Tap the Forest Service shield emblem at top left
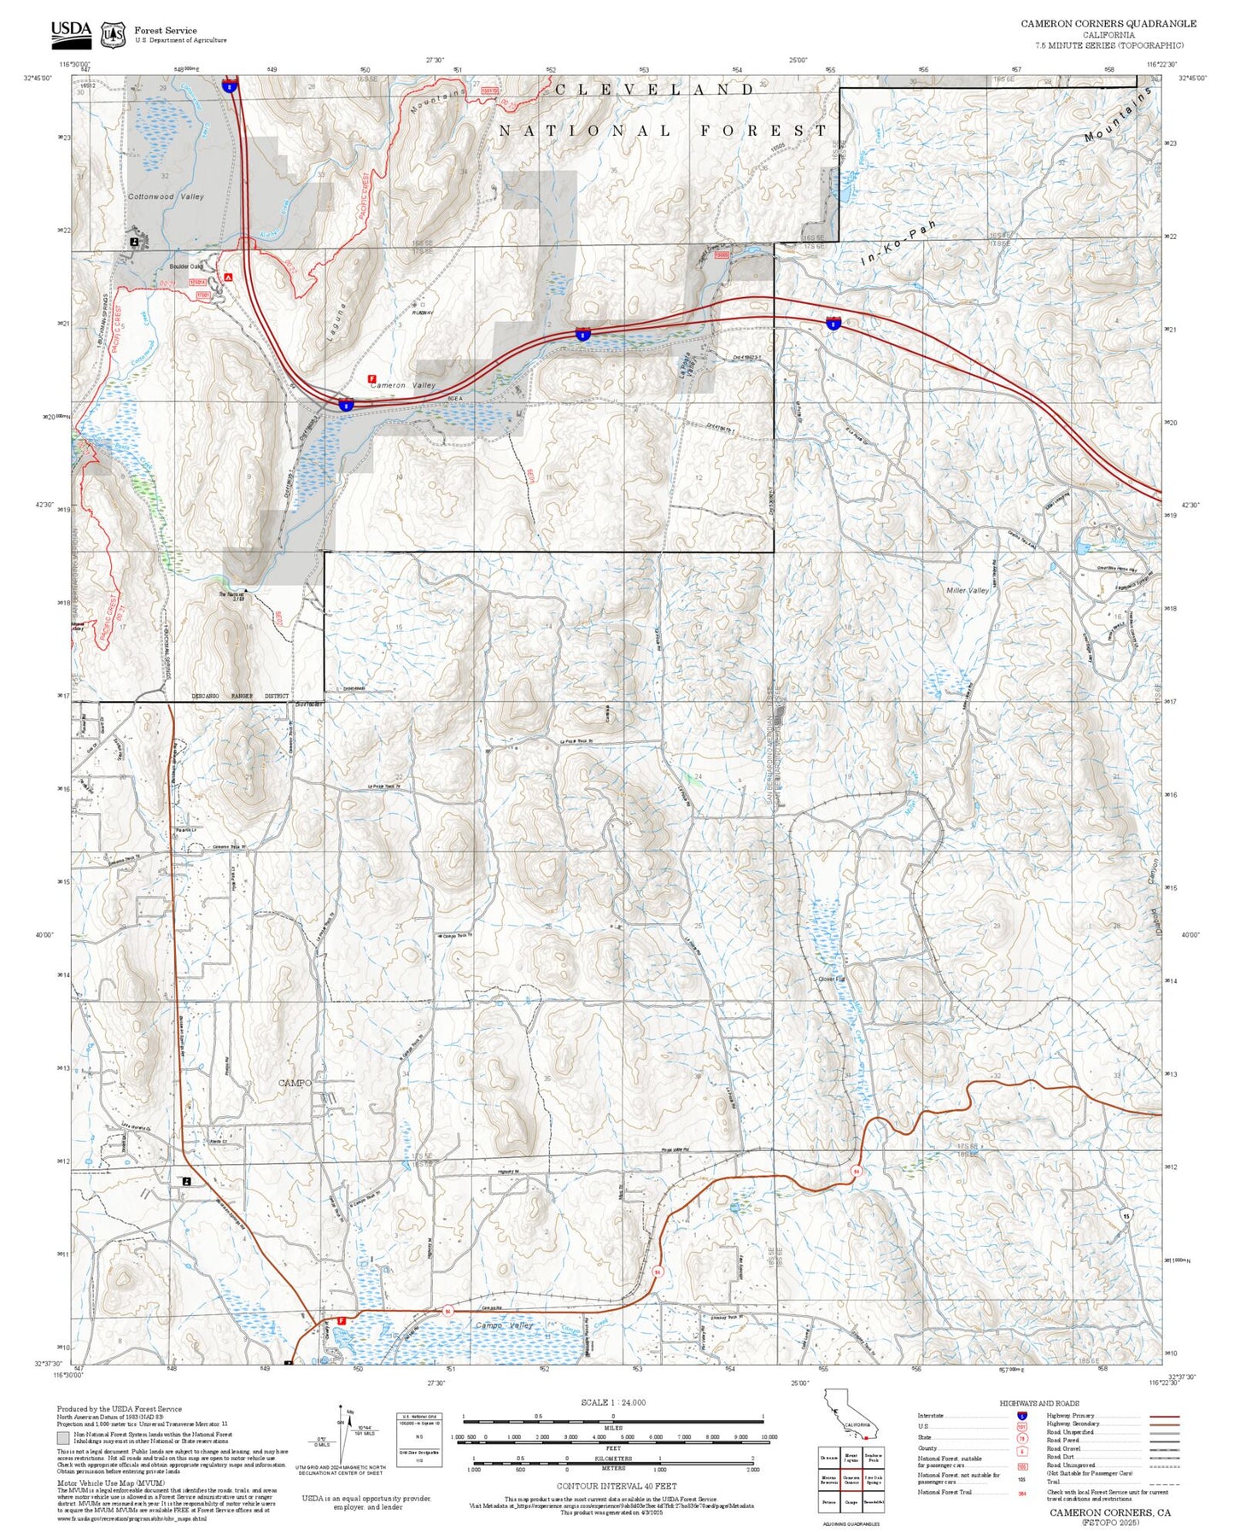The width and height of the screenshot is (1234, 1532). [113, 35]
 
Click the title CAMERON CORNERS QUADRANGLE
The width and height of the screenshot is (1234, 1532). [1108, 24]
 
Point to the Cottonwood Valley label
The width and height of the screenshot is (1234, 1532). [166, 196]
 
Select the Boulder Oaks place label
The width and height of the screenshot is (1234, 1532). [186, 266]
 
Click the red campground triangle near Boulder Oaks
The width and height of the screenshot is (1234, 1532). [228, 277]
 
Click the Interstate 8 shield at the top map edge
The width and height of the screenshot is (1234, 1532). [230, 85]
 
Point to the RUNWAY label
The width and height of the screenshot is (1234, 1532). [423, 313]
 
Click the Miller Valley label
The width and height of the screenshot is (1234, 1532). [968, 590]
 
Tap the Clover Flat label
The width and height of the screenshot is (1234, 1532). [831, 979]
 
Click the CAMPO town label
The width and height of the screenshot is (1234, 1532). [295, 1083]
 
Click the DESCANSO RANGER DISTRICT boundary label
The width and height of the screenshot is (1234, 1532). [241, 696]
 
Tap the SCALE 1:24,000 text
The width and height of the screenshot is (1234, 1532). [613, 1401]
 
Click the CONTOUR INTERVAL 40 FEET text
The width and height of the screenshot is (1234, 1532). [616, 1486]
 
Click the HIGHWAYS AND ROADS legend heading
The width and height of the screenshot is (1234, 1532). [1038, 1403]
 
